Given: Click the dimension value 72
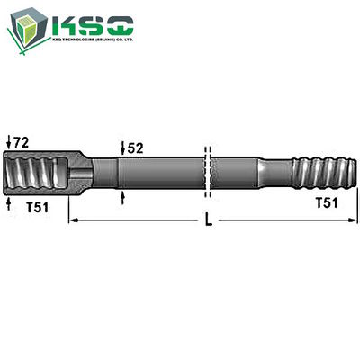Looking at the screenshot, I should click(22, 142).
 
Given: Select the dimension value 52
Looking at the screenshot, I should click(135, 147).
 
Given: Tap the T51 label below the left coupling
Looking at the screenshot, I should click(38, 206).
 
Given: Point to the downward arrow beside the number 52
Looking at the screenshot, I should click(122, 148).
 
